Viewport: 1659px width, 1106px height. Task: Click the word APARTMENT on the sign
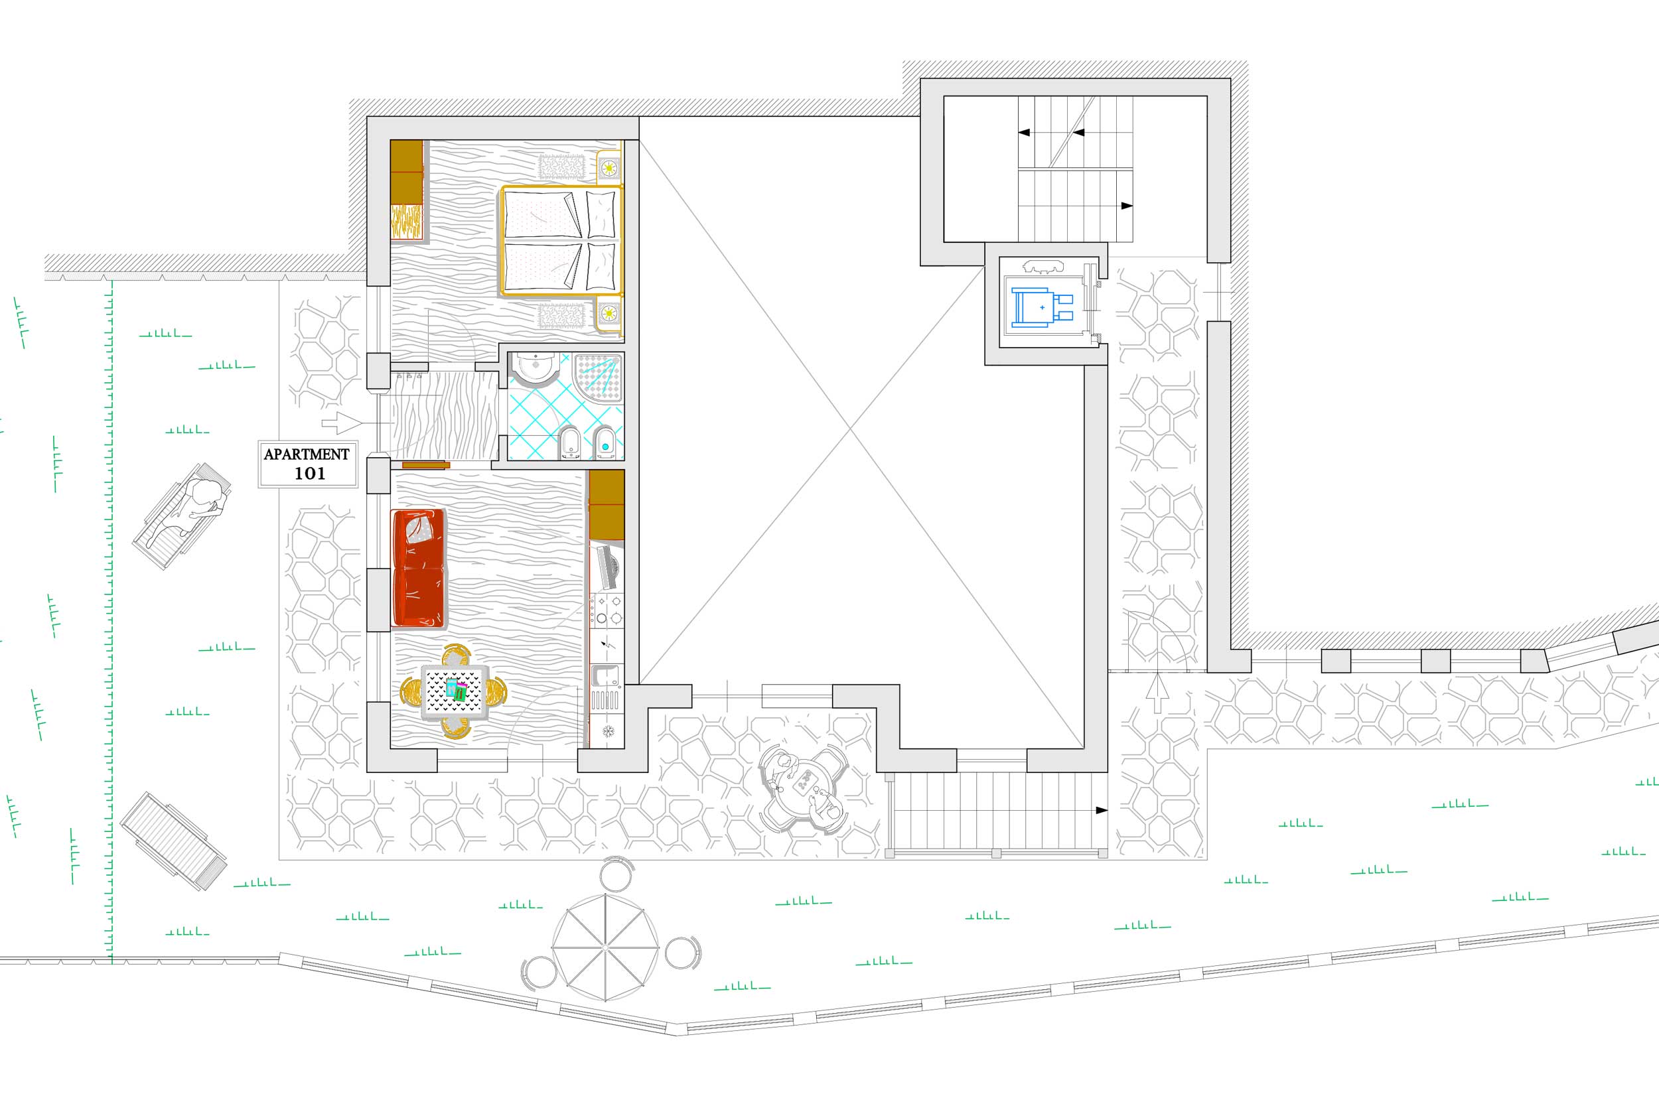(306, 454)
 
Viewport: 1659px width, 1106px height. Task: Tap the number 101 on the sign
(309, 474)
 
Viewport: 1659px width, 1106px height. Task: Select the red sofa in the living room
(419, 568)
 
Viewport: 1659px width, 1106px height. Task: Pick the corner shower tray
(598, 378)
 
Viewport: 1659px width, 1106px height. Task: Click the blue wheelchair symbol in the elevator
(1042, 308)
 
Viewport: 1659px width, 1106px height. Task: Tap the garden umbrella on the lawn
(605, 947)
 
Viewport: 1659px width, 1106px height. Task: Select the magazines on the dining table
(456, 689)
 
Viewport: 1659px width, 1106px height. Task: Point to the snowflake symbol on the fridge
(607, 731)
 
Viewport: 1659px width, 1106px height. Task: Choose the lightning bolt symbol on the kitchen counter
(607, 645)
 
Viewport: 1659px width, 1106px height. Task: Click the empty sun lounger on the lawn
(173, 841)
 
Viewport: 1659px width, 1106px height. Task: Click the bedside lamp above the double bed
(609, 168)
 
